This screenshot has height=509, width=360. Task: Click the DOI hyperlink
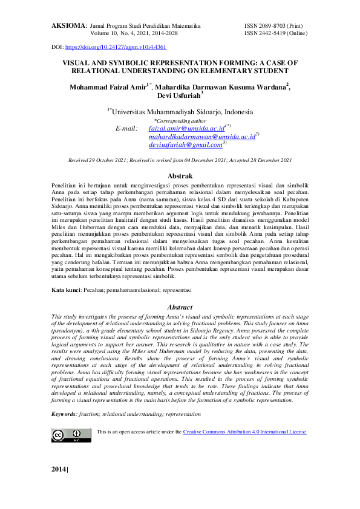(116, 47)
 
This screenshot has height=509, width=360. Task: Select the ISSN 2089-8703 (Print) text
(272, 27)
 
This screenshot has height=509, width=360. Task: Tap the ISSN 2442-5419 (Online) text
(275, 34)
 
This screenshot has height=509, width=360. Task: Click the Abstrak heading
(180, 174)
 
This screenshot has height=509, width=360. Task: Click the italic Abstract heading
(180, 308)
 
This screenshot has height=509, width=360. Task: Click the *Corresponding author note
(180, 121)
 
